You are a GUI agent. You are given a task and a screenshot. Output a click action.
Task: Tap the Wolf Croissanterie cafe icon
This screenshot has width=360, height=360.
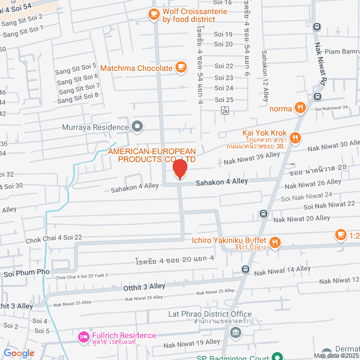153,13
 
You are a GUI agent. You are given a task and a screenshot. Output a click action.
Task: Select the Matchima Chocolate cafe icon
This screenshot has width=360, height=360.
180,67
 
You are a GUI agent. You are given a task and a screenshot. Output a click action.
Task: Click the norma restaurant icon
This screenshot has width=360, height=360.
301,108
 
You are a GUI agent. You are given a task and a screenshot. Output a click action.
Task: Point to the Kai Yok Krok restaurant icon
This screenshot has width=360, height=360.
296,138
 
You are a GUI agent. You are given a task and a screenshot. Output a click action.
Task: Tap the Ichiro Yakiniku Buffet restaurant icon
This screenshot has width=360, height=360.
274,243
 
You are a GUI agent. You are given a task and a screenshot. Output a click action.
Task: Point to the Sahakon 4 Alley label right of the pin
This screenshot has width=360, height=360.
222,182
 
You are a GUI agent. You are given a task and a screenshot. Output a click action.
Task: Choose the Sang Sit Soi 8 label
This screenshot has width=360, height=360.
78,97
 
